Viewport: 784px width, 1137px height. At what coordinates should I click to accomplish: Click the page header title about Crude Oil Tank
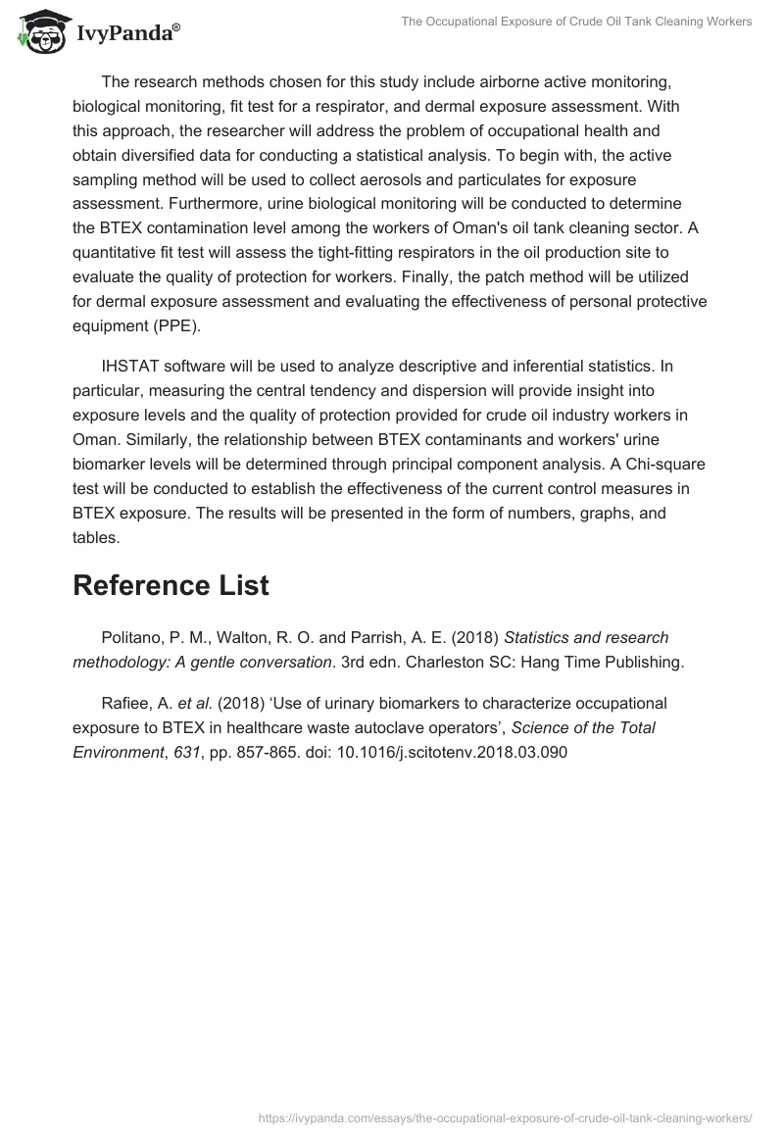tap(576, 22)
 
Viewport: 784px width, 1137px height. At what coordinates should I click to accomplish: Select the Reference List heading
tap(171, 585)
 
